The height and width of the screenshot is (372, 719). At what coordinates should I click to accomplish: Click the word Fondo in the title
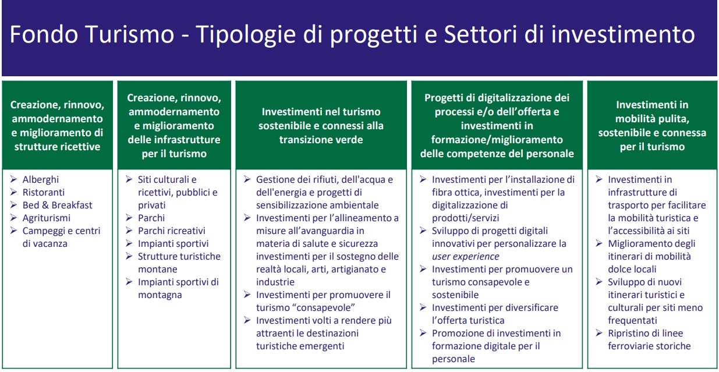pyautogui.click(x=44, y=34)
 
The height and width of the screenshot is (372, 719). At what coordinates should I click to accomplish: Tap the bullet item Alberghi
pyautogui.click(x=40, y=179)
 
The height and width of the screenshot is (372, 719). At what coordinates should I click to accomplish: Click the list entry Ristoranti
pyautogui.click(x=43, y=192)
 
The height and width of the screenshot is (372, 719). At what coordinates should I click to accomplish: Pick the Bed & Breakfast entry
pyautogui.click(x=57, y=205)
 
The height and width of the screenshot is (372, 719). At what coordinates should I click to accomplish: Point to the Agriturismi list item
pyautogui.click(x=46, y=218)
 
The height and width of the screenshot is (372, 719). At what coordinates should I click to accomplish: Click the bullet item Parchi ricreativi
pyautogui.click(x=171, y=231)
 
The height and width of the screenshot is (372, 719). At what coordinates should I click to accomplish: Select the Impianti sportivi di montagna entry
pyautogui.click(x=178, y=288)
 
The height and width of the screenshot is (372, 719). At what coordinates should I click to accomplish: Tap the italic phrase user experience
pyautogui.click(x=465, y=257)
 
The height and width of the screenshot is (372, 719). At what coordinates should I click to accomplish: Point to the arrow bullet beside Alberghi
pyautogui.click(x=13, y=179)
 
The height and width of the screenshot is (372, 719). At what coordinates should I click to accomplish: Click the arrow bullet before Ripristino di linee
pyautogui.click(x=599, y=332)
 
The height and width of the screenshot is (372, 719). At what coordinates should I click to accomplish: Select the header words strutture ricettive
pyautogui.click(x=57, y=147)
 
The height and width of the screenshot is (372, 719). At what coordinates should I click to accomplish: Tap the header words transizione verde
pyautogui.click(x=321, y=140)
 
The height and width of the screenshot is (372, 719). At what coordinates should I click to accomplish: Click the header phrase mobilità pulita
pyautogui.click(x=652, y=119)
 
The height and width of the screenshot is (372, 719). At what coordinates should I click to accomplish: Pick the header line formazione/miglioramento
pyautogui.click(x=497, y=140)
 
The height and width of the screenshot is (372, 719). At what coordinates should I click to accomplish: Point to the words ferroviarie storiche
pyautogui.click(x=649, y=346)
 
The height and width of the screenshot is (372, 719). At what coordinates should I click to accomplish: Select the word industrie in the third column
pyautogui.click(x=275, y=282)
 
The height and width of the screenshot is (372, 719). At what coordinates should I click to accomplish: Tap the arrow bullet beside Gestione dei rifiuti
pyautogui.click(x=247, y=179)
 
